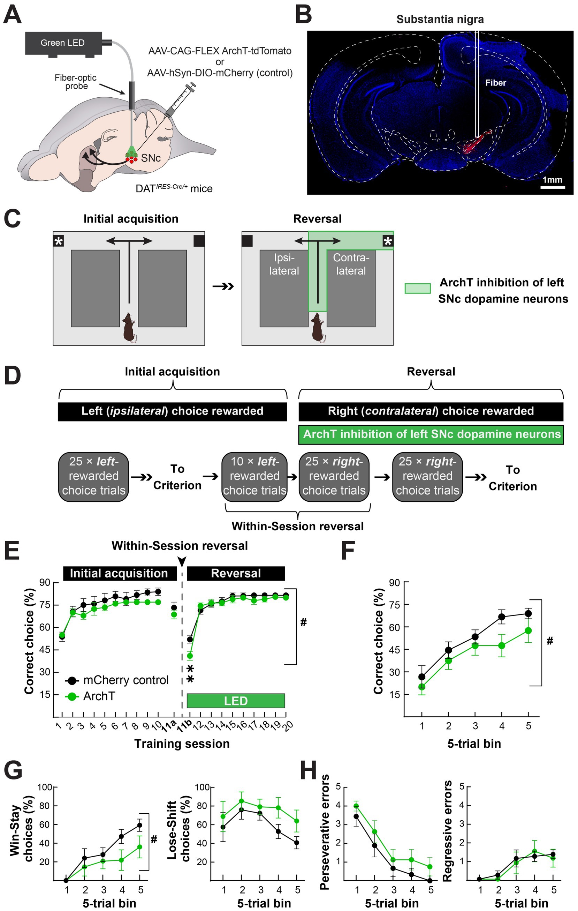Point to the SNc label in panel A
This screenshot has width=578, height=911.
[x=151, y=158]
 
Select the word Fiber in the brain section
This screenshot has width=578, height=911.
[x=496, y=82]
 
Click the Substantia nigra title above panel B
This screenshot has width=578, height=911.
[x=440, y=19]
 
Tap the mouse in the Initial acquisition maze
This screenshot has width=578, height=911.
[x=129, y=328]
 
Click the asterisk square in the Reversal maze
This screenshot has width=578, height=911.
[x=388, y=241]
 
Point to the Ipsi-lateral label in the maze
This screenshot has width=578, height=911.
[x=284, y=264]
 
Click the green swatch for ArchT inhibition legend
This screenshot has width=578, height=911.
[x=417, y=289]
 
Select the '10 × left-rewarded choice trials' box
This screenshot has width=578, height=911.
[x=254, y=476]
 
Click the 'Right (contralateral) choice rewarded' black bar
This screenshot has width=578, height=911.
[x=431, y=411]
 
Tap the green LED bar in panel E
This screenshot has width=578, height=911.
[x=236, y=701]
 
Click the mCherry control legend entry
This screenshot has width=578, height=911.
[x=117, y=680]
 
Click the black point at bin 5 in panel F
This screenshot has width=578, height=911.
[x=528, y=614]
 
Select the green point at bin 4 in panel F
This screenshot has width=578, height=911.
[x=502, y=645]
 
